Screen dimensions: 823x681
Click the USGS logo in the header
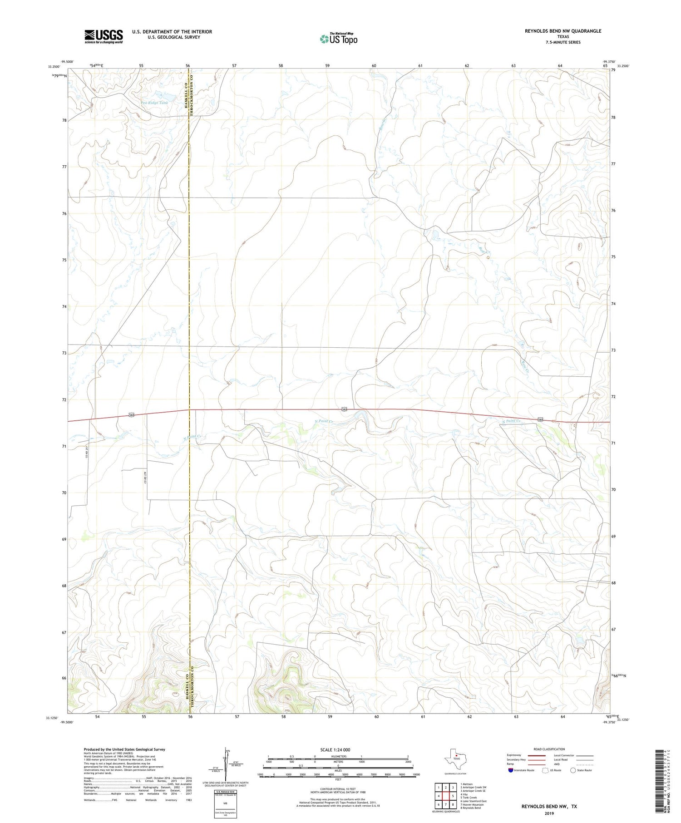pyautogui.click(x=104, y=36)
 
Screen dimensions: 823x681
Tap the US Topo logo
pyautogui.click(x=338, y=39)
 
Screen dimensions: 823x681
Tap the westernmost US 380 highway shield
pyautogui.click(x=131, y=415)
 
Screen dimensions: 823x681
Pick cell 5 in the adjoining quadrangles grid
pyautogui.click(x=453, y=796)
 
